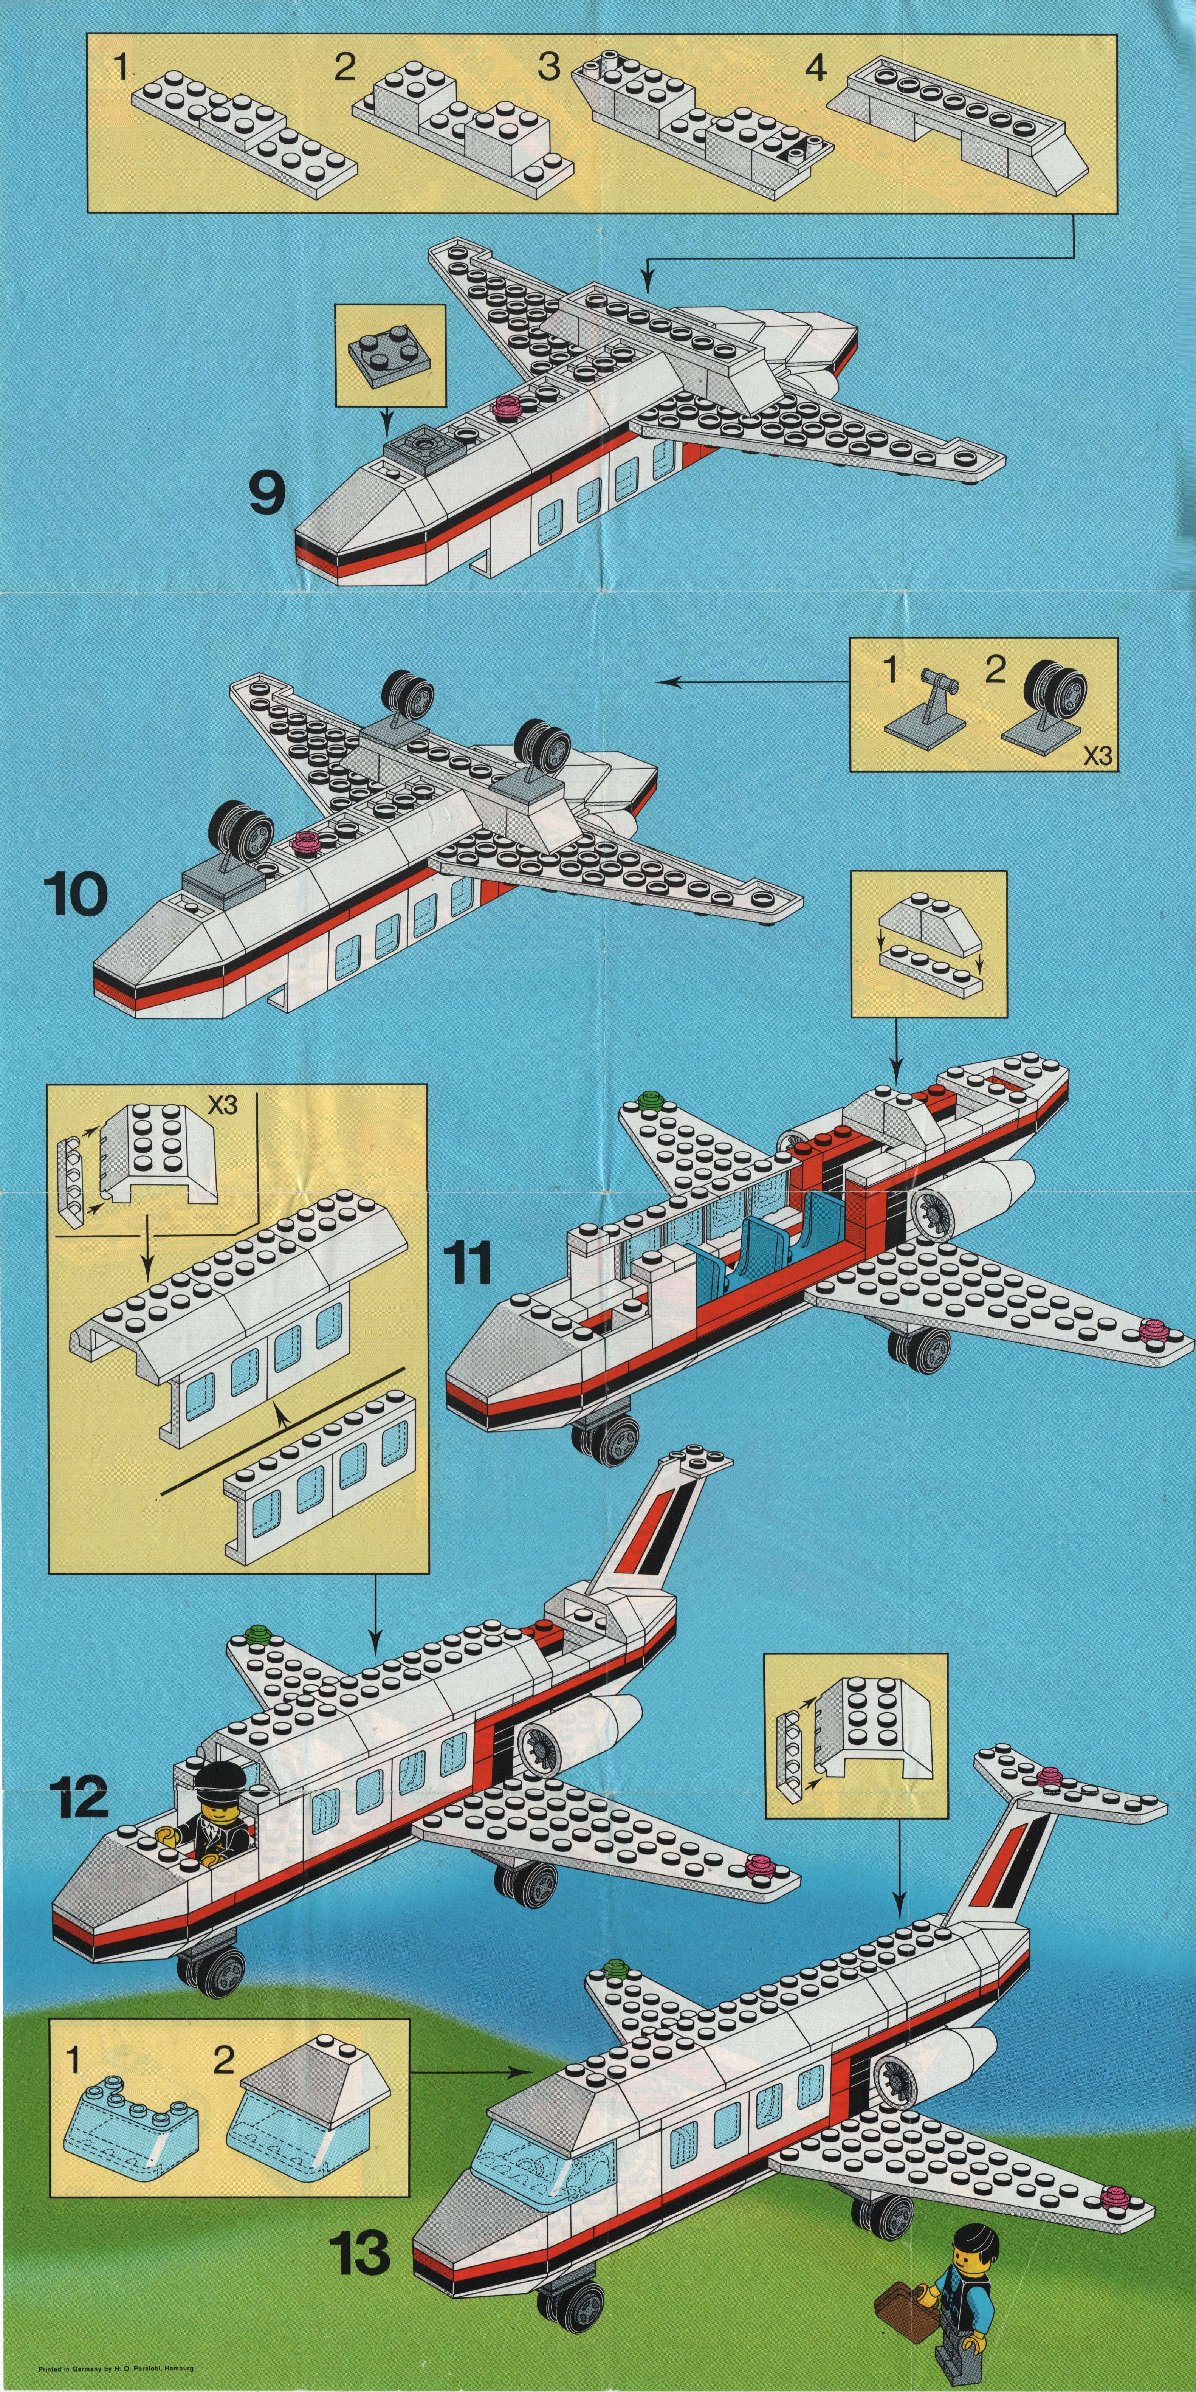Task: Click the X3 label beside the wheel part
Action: click(x=1097, y=755)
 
